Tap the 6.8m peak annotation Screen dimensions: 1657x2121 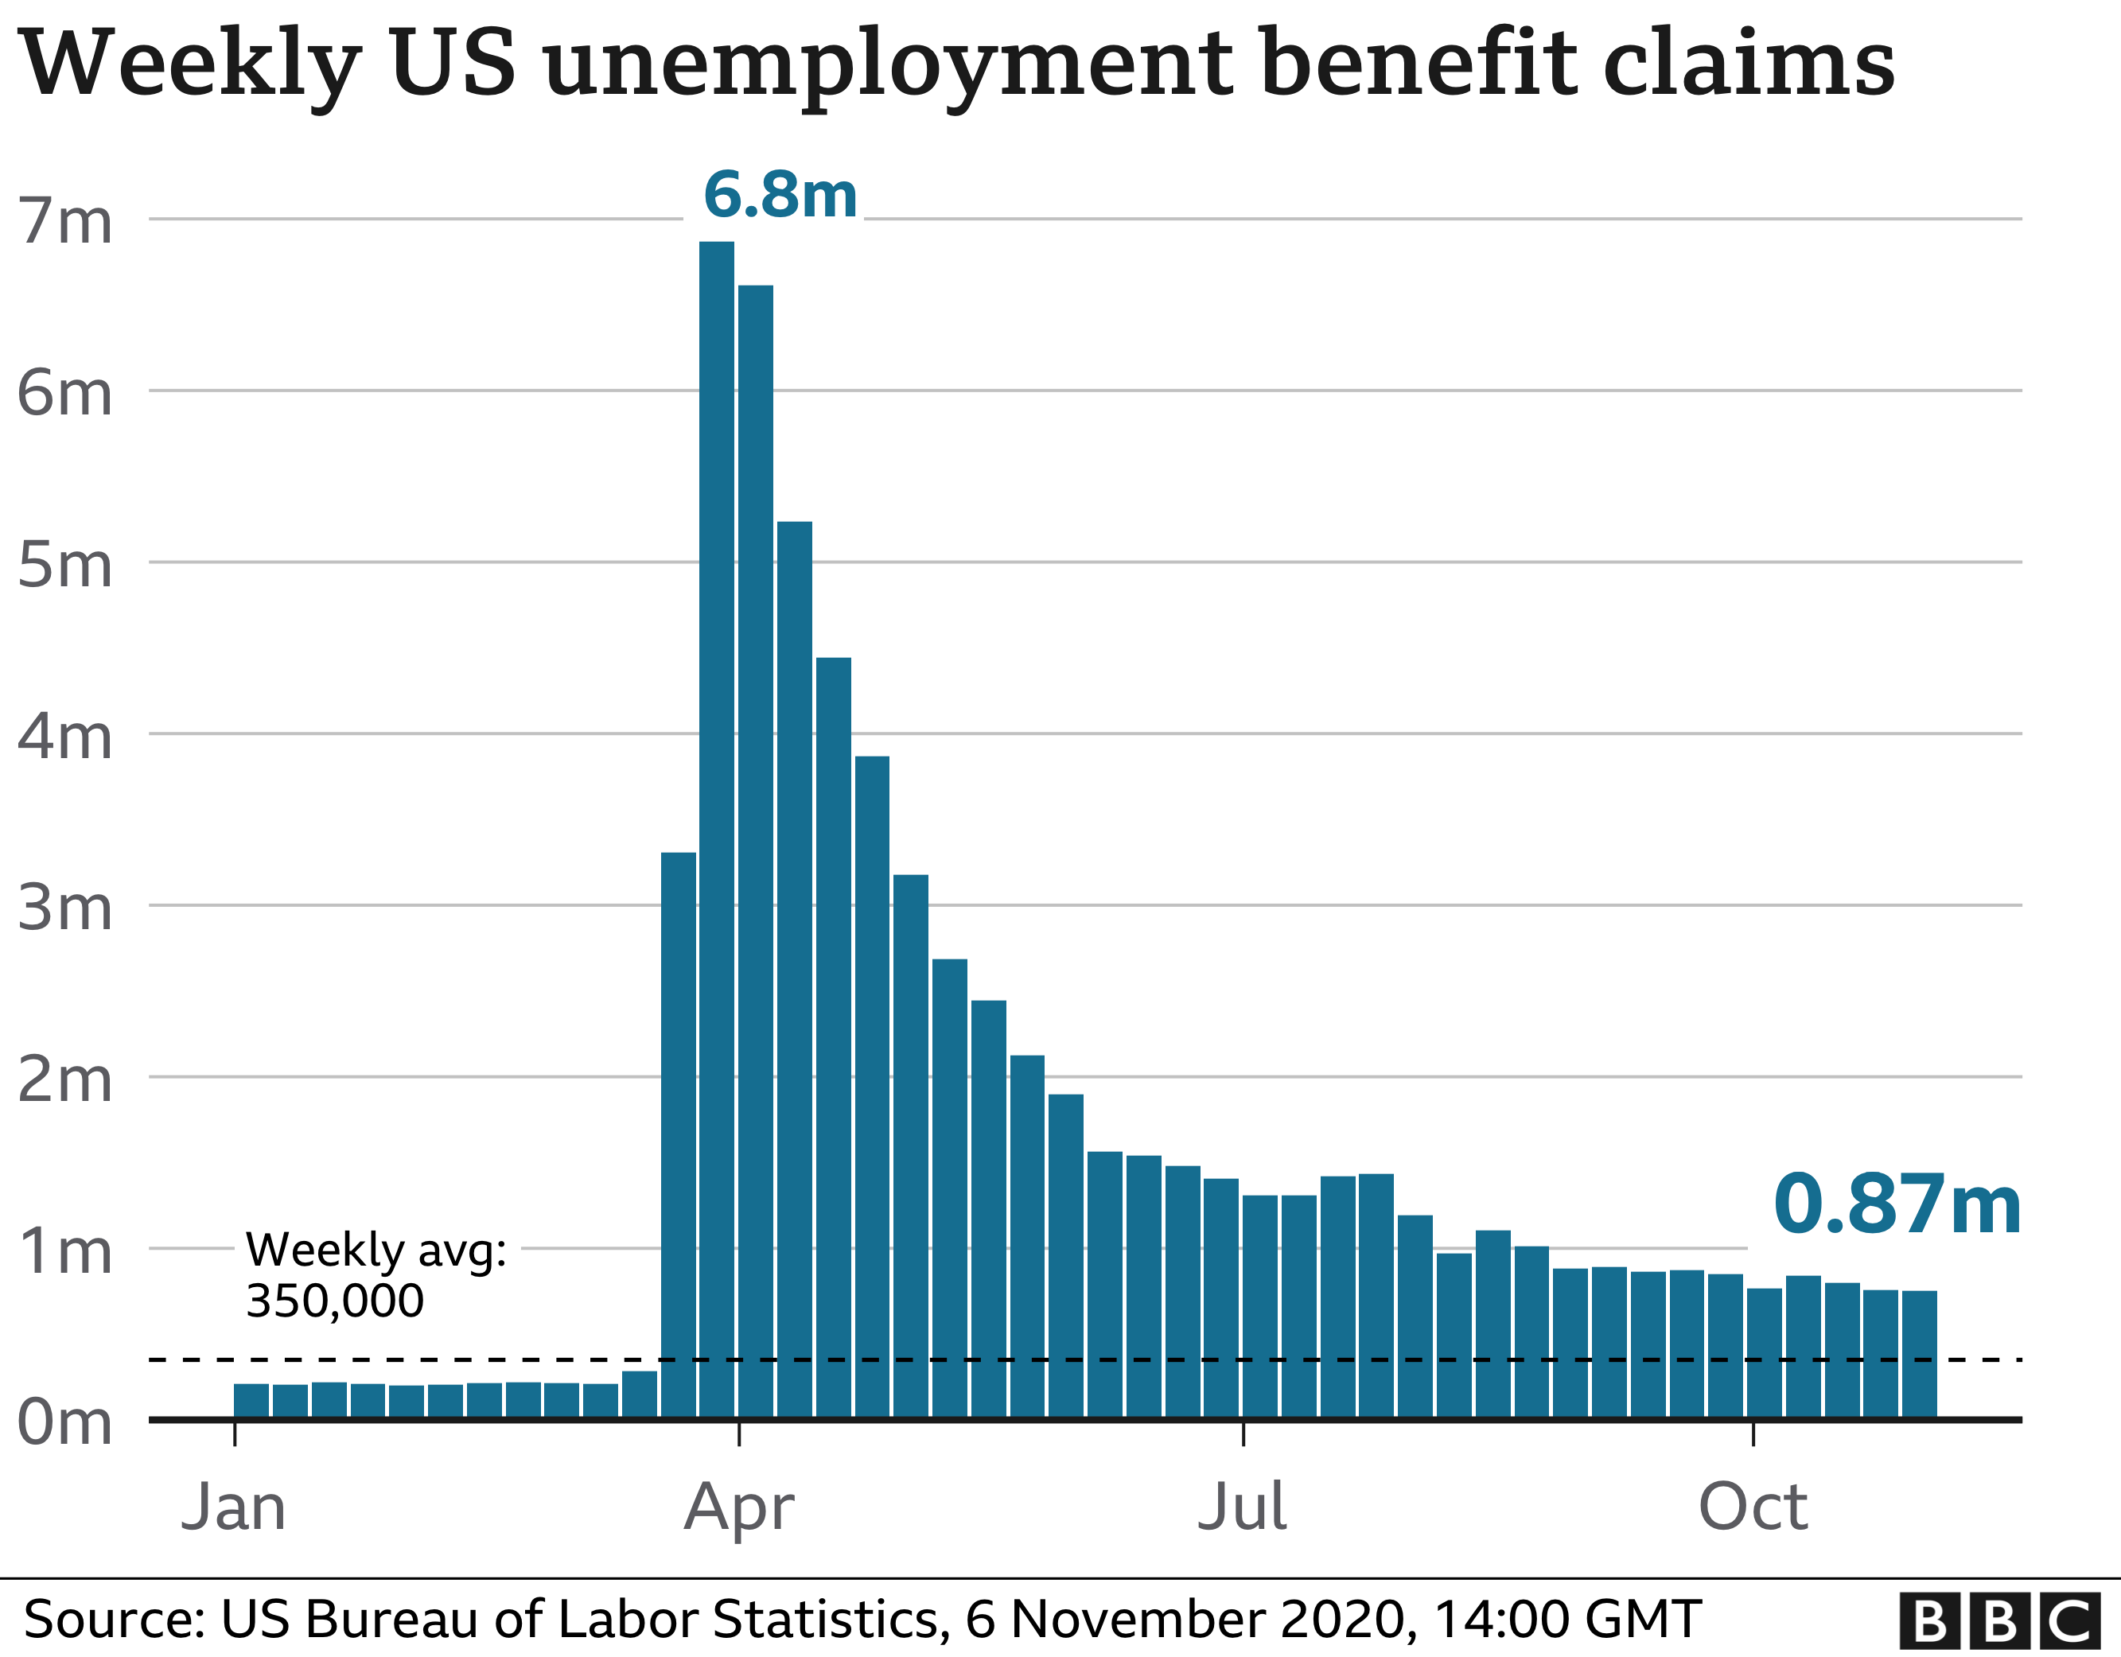pos(780,194)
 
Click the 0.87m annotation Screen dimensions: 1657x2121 pos(1897,1204)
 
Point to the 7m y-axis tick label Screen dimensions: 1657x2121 pos(65,221)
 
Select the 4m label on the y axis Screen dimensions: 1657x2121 pos(65,737)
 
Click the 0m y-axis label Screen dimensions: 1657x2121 pos(65,1422)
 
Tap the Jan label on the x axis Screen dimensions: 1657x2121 pos(234,1507)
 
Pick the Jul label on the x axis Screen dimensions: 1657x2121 pos(1242,1507)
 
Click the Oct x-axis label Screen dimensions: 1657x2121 pos(1753,1507)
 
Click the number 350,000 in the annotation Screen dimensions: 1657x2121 pos(335,1301)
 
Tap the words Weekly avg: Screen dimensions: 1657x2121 pos(376,1250)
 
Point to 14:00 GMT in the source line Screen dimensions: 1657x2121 pos(1566,1619)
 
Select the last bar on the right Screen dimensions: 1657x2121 pos(1919,1354)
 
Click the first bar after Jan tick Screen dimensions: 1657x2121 pos(251,1401)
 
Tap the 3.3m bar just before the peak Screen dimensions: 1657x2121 pos(678,1137)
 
